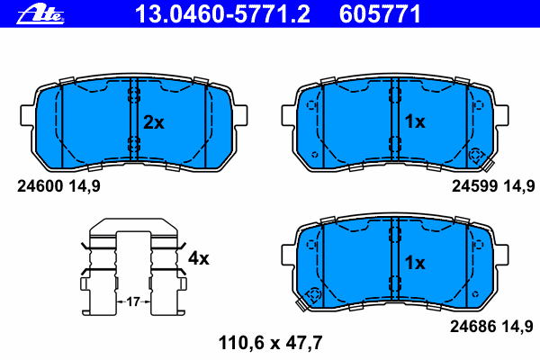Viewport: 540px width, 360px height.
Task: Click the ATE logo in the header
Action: click(40, 15)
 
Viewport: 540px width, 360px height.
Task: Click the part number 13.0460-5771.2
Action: click(222, 14)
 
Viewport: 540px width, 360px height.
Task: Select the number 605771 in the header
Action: click(380, 14)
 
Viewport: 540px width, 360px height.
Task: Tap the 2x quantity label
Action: click(154, 122)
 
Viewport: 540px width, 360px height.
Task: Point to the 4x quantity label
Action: click(198, 258)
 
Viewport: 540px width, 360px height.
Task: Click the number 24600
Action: click(40, 186)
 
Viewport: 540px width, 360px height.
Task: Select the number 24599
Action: click(474, 186)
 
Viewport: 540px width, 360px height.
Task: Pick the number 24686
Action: click(473, 326)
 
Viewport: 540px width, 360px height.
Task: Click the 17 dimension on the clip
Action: click(133, 302)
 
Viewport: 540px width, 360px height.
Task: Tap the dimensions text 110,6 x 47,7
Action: click(270, 343)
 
